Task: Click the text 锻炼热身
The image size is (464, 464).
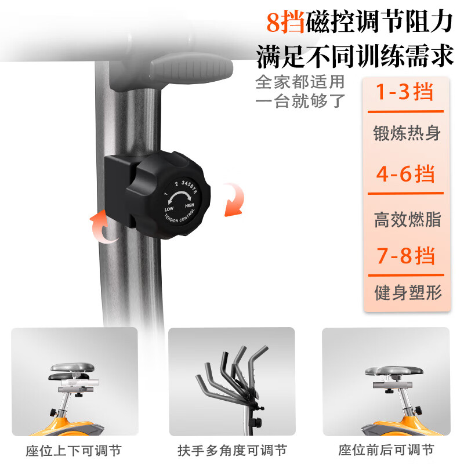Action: tap(407, 133)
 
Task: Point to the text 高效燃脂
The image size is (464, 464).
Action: tap(407, 219)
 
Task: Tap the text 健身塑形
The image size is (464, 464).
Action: tap(407, 292)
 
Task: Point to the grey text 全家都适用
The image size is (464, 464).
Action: tap(300, 81)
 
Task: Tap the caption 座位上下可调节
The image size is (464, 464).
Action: tap(74, 451)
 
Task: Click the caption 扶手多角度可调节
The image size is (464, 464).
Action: tap(232, 451)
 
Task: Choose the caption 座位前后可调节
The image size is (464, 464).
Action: tap(386, 451)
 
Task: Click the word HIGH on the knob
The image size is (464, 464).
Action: tap(190, 205)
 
